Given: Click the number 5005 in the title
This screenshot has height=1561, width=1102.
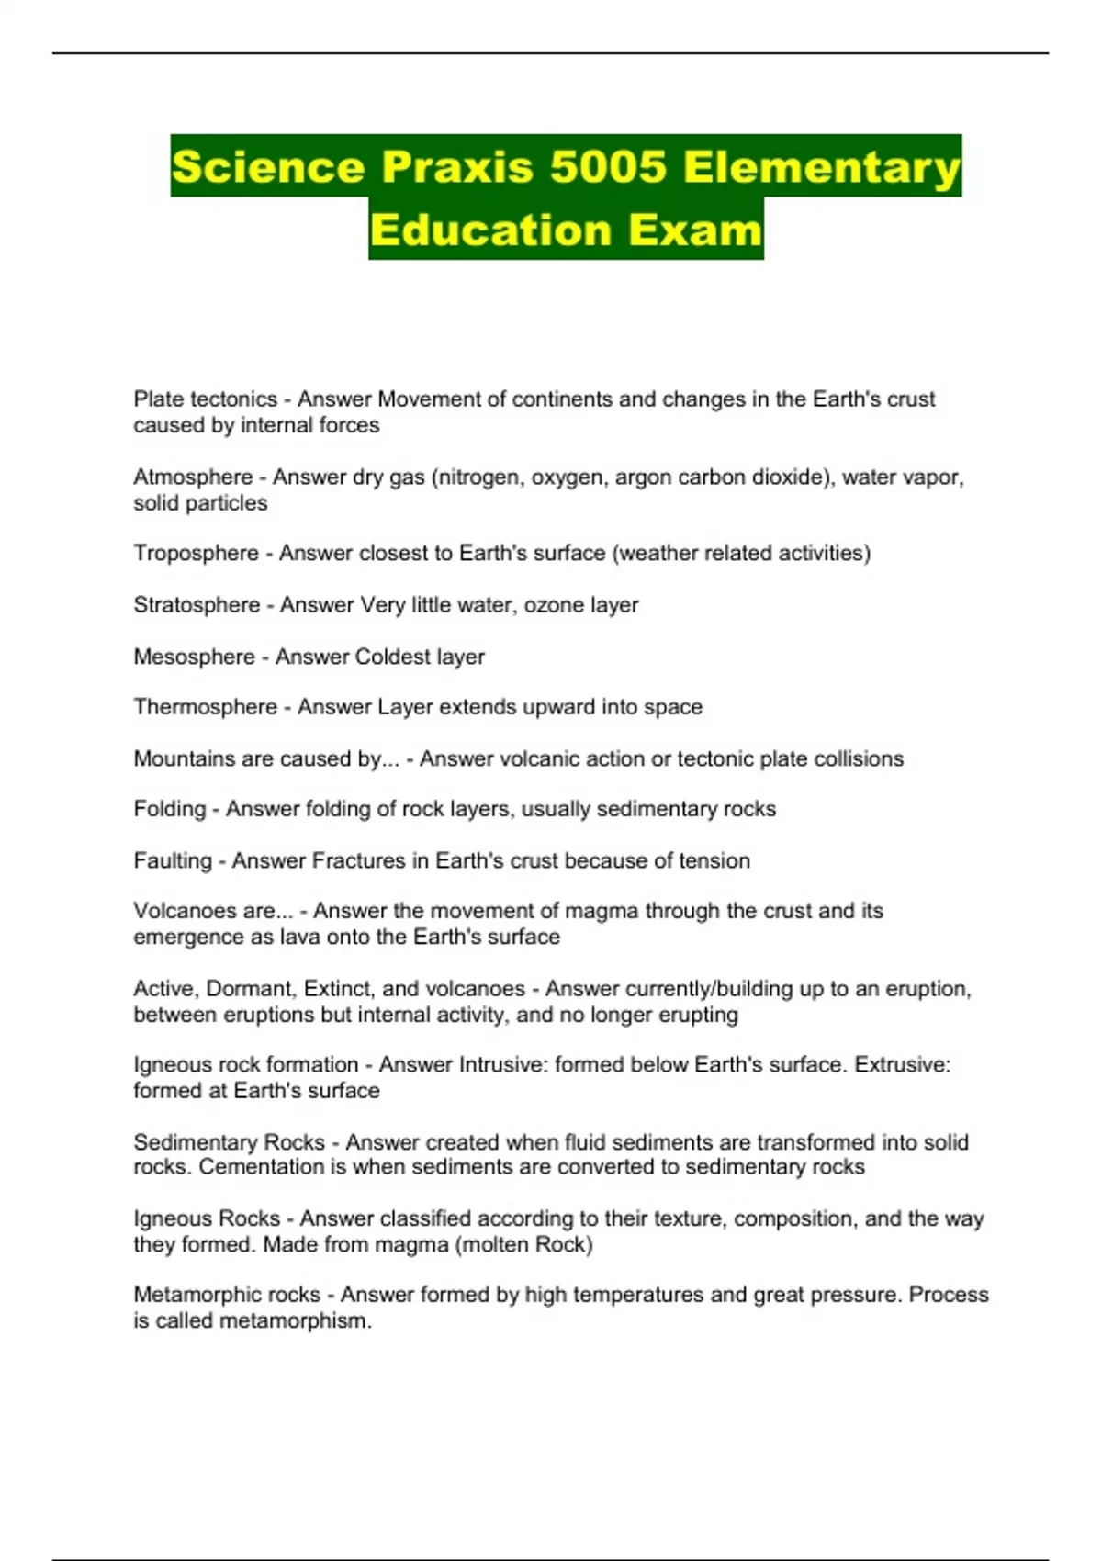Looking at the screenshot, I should coord(608,167).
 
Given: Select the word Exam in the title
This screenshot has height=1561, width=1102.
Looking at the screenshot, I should coord(695,230).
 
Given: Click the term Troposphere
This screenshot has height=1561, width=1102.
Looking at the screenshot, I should coord(196,554).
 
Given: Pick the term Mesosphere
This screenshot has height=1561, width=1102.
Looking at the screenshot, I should coord(194,657).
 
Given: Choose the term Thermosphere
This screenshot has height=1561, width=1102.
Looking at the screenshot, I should coord(205,707).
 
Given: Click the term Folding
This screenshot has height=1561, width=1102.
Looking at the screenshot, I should coord(170,809).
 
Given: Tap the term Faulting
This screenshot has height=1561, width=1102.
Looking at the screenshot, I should coord(173,861).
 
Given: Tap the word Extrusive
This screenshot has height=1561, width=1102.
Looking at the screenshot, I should coord(902,1065).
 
